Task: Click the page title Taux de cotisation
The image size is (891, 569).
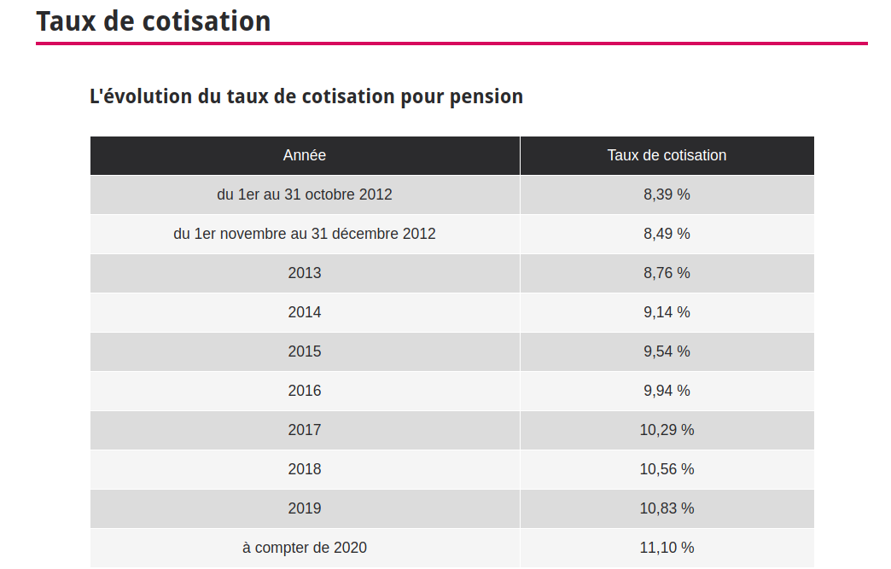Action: (154, 21)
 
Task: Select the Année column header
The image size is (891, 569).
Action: (305, 155)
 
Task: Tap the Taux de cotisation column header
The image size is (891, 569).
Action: (667, 155)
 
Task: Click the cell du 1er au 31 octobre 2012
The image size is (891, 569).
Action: (305, 195)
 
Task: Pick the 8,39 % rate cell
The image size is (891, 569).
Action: (667, 195)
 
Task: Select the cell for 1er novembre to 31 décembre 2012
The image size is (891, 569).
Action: (305, 234)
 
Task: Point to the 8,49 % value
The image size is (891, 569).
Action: (667, 234)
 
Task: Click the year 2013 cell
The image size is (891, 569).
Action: (305, 273)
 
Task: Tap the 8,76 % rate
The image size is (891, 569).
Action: (667, 273)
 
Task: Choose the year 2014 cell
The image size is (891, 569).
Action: (305, 312)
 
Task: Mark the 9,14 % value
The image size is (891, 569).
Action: (667, 312)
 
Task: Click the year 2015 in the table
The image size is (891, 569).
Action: (305, 351)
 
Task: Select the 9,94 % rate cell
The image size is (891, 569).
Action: (667, 391)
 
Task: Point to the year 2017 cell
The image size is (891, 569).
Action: (305, 430)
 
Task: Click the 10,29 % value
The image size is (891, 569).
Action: (667, 430)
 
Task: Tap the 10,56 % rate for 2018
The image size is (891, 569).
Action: (667, 469)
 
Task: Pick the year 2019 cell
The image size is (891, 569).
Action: (305, 508)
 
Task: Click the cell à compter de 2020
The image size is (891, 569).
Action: (305, 548)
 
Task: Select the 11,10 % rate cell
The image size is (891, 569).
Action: (667, 548)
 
